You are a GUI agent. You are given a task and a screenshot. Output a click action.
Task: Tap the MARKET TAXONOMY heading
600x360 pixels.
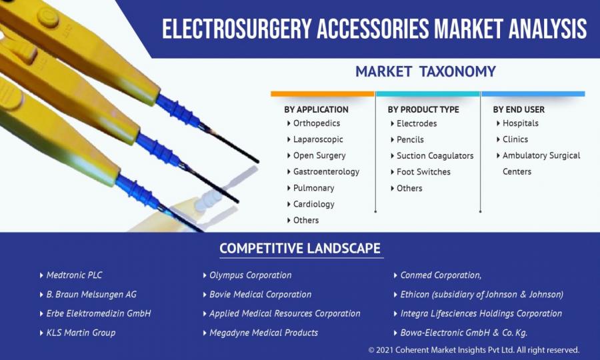425,71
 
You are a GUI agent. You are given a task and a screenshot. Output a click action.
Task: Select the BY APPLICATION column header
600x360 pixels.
316,109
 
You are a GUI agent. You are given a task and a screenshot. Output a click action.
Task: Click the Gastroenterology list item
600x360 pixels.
326,172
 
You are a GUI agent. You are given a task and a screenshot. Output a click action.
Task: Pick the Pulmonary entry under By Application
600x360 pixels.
313,188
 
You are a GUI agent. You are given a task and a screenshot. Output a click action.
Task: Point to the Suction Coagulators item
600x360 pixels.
435,156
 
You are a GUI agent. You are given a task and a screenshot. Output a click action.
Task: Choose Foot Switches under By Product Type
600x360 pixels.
423,172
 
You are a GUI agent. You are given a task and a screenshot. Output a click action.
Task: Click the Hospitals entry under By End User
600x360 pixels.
521,123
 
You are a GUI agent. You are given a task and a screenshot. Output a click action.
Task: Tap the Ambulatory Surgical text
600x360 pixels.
541,155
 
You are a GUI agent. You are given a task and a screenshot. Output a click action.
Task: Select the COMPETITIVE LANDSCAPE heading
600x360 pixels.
300,248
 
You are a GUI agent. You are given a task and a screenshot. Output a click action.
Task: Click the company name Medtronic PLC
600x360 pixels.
74,275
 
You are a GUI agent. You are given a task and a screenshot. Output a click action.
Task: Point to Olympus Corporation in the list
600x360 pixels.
250,275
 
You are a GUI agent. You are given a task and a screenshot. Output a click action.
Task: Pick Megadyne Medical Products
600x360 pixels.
263,333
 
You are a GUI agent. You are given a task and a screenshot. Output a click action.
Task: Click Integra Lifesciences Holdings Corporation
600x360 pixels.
481,313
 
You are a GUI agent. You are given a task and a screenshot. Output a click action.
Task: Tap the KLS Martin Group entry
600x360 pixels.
81,333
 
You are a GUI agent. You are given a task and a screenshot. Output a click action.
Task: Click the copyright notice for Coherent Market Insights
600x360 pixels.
474,350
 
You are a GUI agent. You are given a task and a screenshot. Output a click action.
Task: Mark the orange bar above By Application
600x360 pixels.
323,94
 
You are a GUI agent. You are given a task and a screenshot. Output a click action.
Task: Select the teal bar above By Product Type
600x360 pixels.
428,94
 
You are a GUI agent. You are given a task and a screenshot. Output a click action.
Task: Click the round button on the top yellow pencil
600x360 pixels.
48,17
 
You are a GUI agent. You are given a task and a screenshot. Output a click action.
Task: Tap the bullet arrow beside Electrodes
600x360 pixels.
392,123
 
